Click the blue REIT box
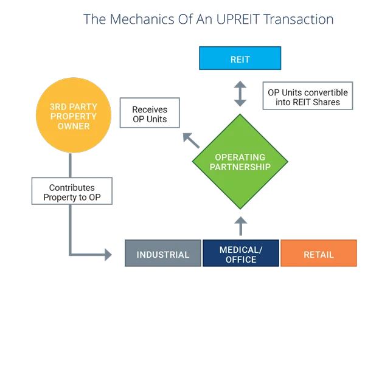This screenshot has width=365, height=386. pyautogui.click(x=240, y=58)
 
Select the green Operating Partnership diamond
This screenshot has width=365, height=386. pyautogui.click(x=240, y=162)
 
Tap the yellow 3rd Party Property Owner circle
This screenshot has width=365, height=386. pyautogui.click(x=74, y=115)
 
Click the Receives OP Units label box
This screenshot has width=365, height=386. pyautogui.click(x=150, y=112)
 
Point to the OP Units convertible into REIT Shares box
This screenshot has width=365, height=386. pyautogui.click(x=308, y=96)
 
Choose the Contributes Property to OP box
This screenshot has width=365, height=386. pyautogui.click(x=72, y=191)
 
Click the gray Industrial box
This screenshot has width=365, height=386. pyautogui.click(x=163, y=253)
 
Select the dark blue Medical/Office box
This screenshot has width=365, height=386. pyautogui.click(x=241, y=253)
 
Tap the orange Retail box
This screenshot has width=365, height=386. pyautogui.click(x=318, y=253)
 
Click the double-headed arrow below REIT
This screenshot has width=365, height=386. pyautogui.click(x=240, y=94)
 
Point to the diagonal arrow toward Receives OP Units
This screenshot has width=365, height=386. pyautogui.click(x=191, y=140)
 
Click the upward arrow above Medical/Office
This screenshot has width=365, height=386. pyautogui.click(x=241, y=226)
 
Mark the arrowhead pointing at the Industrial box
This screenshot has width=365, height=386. pyautogui.click(x=108, y=255)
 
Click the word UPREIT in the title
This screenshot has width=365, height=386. pyautogui.click(x=238, y=19)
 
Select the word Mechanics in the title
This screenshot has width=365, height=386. pyautogui.click(x=142, y=19)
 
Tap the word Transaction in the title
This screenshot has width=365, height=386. pyautogui.click(x=299, y=19)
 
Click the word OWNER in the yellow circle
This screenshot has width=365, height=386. pyautogui.click(x=74, y=126)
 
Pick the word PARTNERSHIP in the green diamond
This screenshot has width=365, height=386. pyautogui.click(x=240, y=167)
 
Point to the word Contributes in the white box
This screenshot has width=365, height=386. pyautogui.click(x=72, y=188)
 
